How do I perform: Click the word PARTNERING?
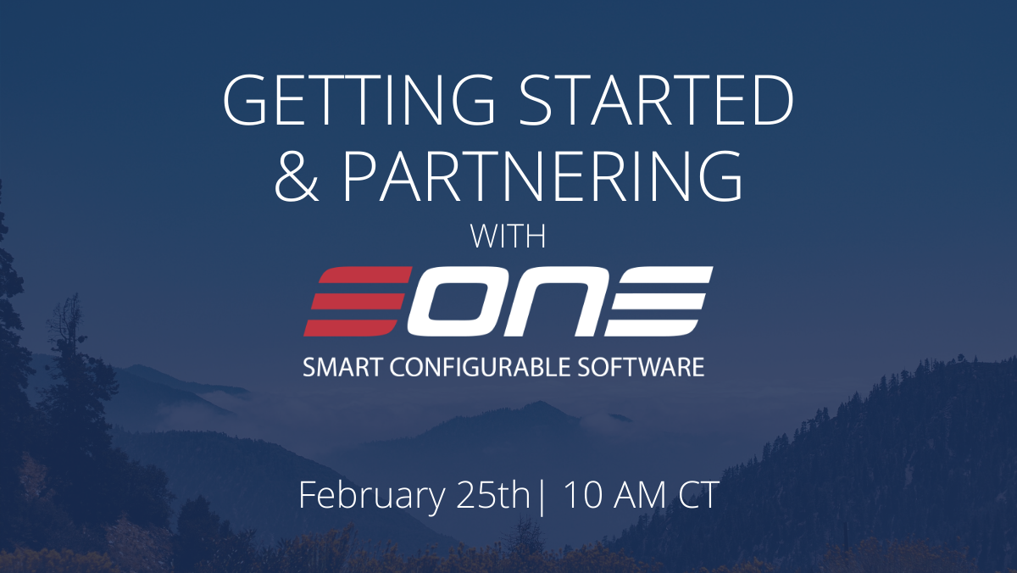pos(543,176)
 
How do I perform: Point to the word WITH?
pos(508,236)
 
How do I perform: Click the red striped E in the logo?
pos(358,301)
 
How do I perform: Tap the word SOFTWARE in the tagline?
pos(641,367)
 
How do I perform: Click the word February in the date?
pos(372,496)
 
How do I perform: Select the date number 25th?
pos(493,495)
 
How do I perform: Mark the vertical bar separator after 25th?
pos(541,498)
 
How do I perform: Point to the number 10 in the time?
pos(583,495)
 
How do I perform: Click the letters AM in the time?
pos(640,495)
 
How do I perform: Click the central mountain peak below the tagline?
pos(539,403)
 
